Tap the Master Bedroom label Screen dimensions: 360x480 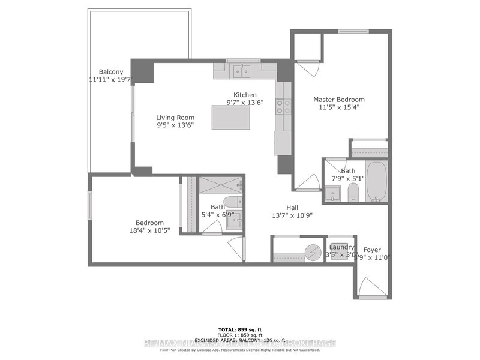pos(339,100)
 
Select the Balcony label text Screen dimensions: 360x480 pos(111,72)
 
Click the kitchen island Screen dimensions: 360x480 pos(231,117)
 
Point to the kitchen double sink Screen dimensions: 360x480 pos(243,71)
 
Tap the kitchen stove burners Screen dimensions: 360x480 pos(283,107)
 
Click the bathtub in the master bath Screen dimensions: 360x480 pos(376,180)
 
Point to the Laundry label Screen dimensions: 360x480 pos(341,247)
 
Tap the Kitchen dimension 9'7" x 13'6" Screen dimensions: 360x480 pos(245,103)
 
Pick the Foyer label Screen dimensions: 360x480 pos(371,250)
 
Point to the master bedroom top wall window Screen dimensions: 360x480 pos(353,31)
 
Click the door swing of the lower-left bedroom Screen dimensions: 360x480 pos(237,246)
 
